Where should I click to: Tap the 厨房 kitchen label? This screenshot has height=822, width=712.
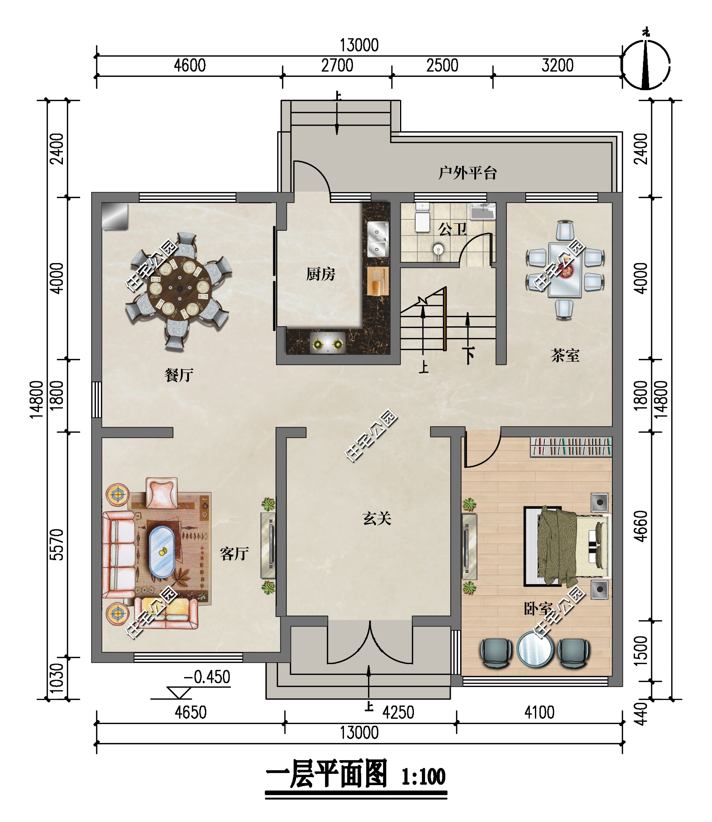coord(321,274)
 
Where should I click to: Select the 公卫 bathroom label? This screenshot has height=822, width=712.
coord(452,229)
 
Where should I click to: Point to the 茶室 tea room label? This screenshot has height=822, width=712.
coord(565,355)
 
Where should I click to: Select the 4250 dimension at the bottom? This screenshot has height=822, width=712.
coord(398,712)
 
